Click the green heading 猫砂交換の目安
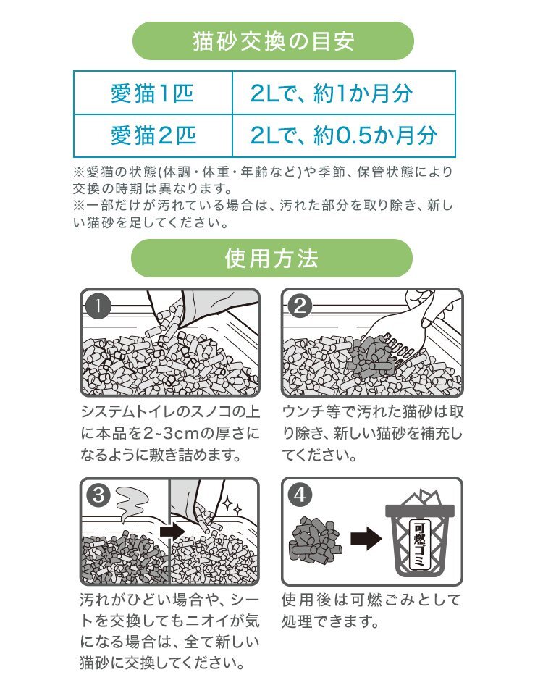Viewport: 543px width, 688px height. pos(271,41)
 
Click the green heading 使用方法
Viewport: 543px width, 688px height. pos(271,259)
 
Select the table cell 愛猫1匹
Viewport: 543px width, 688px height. pos(152,94)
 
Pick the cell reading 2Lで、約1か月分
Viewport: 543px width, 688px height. pos(342,94)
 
